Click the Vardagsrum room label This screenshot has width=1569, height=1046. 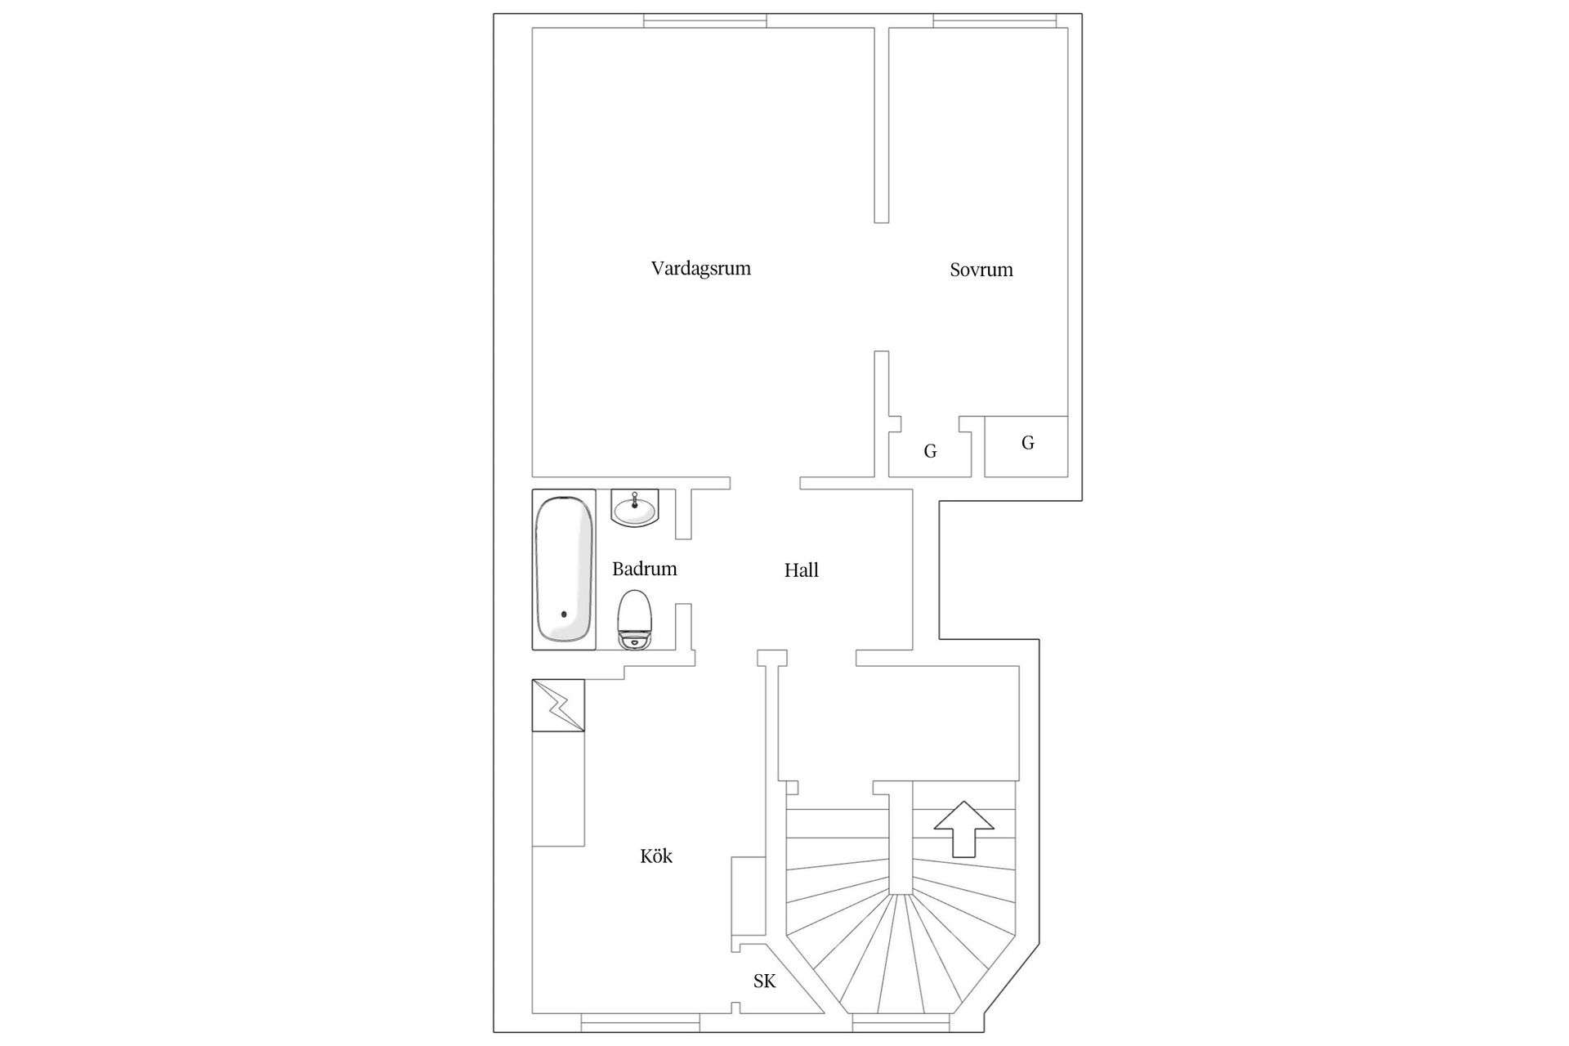[700, 269]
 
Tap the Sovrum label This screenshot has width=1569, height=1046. [981, 270]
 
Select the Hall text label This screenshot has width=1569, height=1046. [801, 570]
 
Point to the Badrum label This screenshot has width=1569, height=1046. [644, 569]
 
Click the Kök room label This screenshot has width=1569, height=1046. [656, 856]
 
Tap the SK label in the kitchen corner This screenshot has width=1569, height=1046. [764, 981]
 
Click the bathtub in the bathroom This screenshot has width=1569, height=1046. [564, 570]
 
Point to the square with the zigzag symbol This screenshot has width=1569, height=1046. [558, 705]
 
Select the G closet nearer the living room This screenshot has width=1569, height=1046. [930, 451]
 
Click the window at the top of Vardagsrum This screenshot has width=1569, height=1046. [705, 20]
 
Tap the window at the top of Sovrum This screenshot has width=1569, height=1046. [995, 20]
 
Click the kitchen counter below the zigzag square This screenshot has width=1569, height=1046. [558, 789]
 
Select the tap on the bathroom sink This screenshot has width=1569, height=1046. [635, 498]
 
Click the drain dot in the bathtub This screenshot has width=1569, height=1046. [563, 614]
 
